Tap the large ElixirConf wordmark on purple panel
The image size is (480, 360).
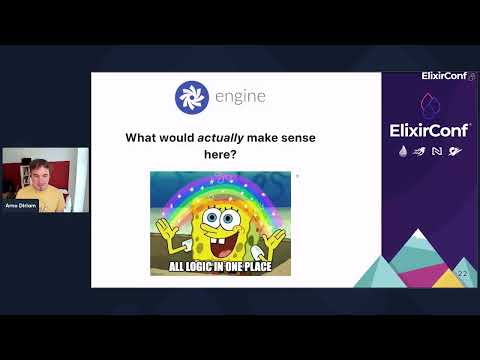coord(429,128)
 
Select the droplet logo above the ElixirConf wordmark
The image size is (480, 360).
coord(429,102)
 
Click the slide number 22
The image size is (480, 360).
coord(462,274)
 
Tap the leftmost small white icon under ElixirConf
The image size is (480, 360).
coord(402,151)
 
